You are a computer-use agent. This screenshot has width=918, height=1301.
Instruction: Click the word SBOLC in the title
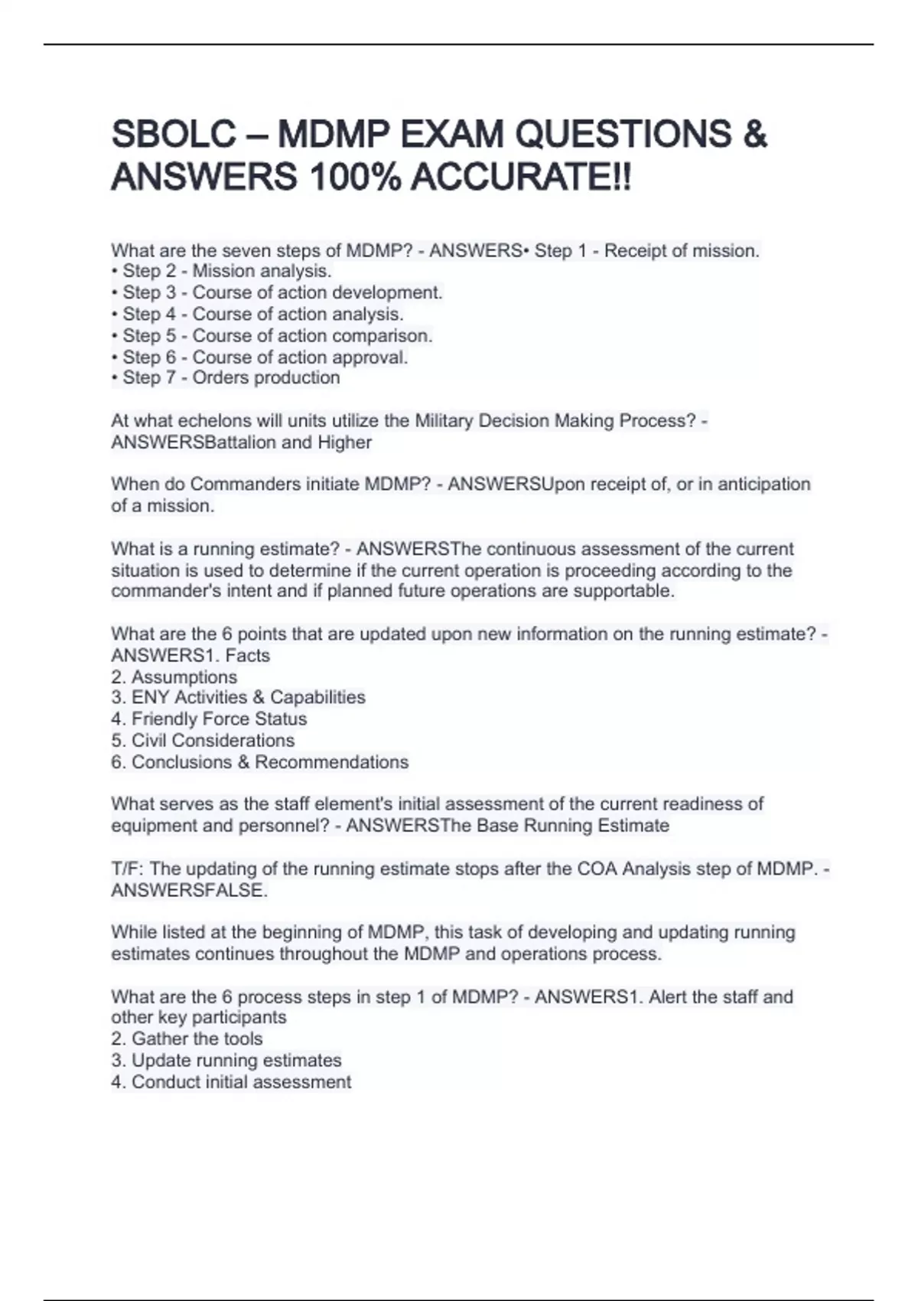tap(174, 135)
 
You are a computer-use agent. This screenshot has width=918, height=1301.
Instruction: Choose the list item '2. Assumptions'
tap(174, 677)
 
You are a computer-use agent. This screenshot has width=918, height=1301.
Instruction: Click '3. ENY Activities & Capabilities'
tap(238, 698)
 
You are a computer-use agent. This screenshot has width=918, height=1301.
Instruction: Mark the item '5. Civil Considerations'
tap(203, 741)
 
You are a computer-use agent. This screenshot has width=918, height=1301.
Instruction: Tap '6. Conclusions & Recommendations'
tap(259, 762)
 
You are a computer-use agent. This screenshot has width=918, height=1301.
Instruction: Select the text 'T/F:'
tap(129, 869)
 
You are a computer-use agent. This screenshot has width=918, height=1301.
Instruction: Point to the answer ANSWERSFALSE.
tap(189, 891)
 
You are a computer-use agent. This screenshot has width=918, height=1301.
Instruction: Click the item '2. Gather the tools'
tap(187, 1039)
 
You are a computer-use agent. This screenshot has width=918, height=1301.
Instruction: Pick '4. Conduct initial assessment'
tap(231, 1082)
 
